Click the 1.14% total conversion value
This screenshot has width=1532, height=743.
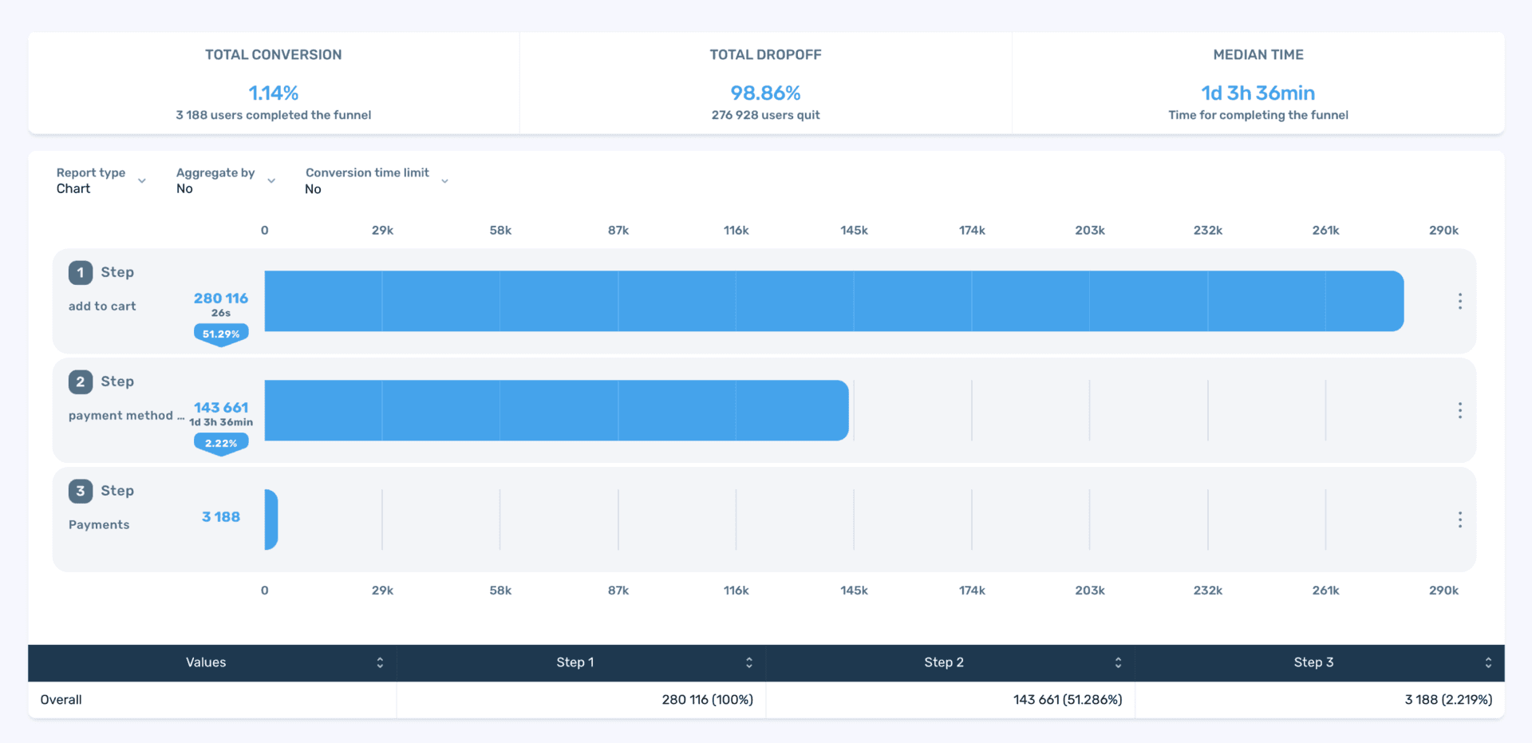pyautogui.click(x=273, y=93)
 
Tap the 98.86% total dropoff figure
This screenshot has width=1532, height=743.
pyautogui.click(x=765, y=93)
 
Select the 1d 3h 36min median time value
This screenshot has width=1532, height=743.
pyautogui.click(x=1258, y=93)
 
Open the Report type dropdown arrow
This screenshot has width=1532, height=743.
pyautogui.click(x=142, y=181)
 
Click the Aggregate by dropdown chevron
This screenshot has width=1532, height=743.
pyautogui.click(x=271, y=181)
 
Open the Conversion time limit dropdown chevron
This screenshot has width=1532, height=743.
pyautogui.click(x=444, y=181)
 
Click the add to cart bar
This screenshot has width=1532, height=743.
pyautogui.click(x=833, y=301)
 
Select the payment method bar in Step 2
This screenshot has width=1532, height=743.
pyautogui.click(x=555, y=410)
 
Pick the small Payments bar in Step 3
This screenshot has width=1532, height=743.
pyautogui.click(x=271, y=520)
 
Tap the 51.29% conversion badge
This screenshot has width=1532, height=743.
pyautogui.click(x=221, y=334)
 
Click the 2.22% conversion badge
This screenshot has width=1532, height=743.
pyautogui.click(x=221, y=443)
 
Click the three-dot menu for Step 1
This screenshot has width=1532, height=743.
pyautogui.click(x=1459, y=301)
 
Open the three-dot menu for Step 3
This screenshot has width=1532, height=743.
pyautogui.click(x=1459, y=520)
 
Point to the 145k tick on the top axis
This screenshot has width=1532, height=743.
pyautogui.click(x=854, y=231)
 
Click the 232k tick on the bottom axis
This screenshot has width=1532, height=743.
pyautogui.click(x=1207, y=591)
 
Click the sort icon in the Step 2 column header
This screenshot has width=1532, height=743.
pyautogui.click(x=1118, y=663)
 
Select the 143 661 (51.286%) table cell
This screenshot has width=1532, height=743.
pyautogui.click(x=1067, y=700)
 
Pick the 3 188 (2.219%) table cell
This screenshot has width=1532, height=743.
pyautogui.click(x=1447, y=700)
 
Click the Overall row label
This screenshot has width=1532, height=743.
pyautogui.click(x=61, y=700)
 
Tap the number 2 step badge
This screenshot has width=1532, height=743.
pyautogui.click(x=81, y=381)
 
